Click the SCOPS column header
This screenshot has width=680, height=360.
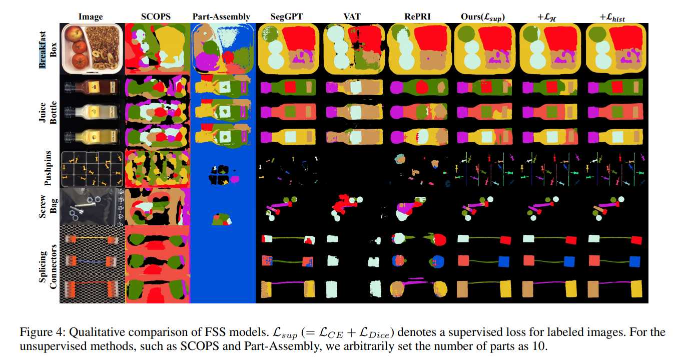[x=156, y=17]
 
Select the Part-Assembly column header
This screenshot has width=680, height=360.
[x=221, y=17]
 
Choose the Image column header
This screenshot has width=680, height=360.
[x=91, y=17]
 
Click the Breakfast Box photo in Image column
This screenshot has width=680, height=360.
[x=91, y=48]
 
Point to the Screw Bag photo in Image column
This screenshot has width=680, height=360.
[x=91, y=206]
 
